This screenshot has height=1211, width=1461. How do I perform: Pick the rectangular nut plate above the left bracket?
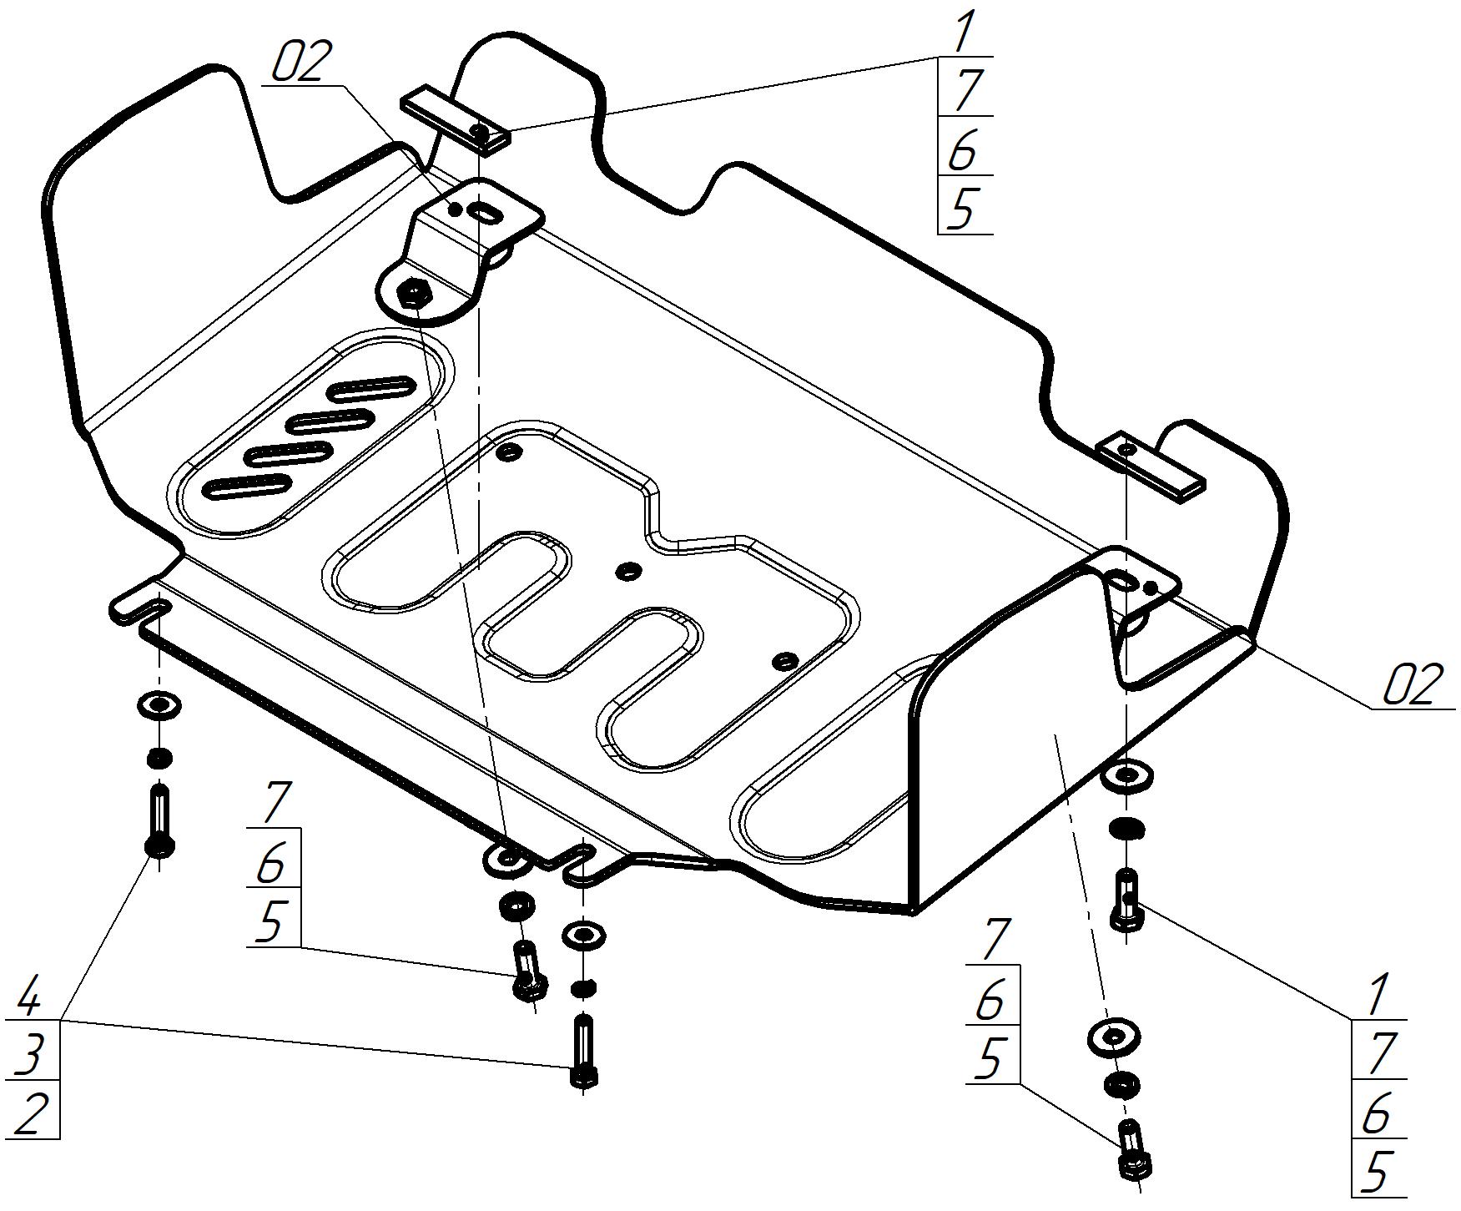456,120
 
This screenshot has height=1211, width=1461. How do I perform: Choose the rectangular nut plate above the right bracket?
1152,467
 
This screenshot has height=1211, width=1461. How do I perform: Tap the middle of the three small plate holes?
627,571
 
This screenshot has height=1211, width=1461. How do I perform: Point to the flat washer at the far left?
158,706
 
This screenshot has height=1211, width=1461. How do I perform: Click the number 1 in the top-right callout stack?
964,33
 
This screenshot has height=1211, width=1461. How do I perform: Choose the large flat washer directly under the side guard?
1114,1037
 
